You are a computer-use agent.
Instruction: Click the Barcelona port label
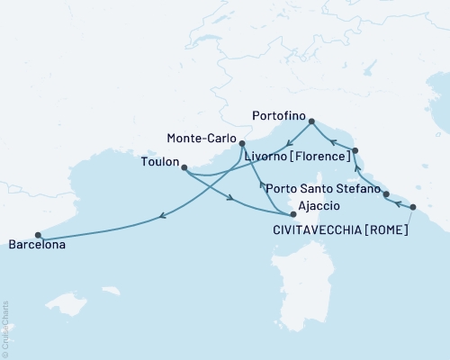(x=37, y=244)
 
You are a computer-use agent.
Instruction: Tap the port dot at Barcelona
(x=38, y=235)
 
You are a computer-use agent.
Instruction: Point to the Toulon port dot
(x=184, y=167)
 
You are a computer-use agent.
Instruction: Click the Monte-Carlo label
(x=202, y=140)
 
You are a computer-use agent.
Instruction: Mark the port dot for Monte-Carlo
(x=242, y=143)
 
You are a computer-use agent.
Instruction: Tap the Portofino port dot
(x=311, y=121)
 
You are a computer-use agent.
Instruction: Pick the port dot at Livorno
(x=355, y=150)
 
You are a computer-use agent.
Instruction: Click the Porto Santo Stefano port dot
(x=386, y=194)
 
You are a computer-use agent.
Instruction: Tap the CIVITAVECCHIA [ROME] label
(x=340, y=229)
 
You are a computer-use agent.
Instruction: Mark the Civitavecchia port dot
(x=413, y=208)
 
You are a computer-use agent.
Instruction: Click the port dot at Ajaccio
(x=293, y=215)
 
